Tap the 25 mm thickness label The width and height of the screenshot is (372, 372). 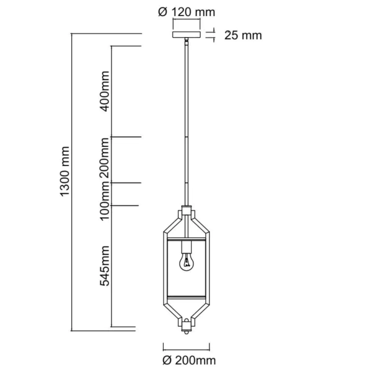click(x=242, y=35)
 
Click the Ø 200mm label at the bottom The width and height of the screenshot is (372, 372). click(x=187, y=360)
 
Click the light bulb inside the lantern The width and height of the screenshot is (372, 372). click(x=186, y=263)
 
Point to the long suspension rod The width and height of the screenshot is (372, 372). click(x=186, y=124)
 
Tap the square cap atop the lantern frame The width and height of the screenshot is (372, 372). click(x=186, y=211)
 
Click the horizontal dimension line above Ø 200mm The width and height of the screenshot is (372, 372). click(x=187, y=347)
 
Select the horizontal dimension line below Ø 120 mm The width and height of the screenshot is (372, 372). click(x=187, y=23)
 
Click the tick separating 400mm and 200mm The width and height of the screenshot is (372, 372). click(x=126, y=137)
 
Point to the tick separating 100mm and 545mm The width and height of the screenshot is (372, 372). click(x=126, y=205)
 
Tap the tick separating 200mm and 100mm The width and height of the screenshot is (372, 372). click(x=126, y=182)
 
